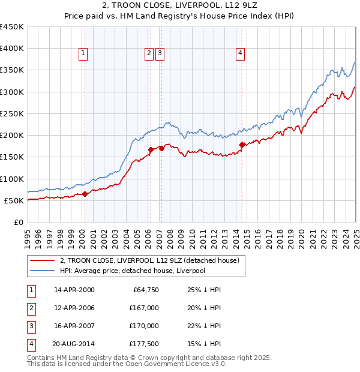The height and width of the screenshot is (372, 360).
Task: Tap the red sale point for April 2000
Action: click(x=85, y=194)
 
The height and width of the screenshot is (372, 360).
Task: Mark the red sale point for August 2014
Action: click(x=242, y=145)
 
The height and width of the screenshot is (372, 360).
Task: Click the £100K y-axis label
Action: click(x=12, y=179)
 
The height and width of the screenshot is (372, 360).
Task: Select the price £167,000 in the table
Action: click(x=144, y=308)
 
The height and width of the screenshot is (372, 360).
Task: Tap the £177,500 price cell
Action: click(x=144, y=344)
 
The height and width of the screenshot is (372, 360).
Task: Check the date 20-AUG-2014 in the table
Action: click(x=74, y=344)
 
